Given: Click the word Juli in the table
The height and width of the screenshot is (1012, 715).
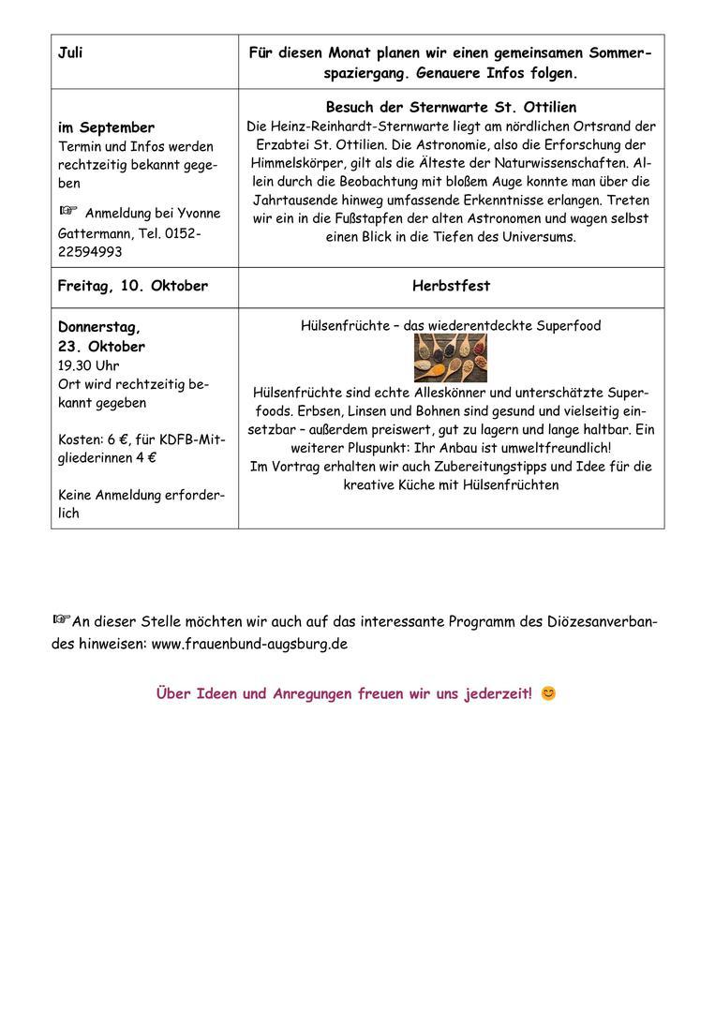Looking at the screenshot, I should point(70,53).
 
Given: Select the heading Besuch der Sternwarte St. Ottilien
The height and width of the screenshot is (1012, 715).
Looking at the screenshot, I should point(451,108).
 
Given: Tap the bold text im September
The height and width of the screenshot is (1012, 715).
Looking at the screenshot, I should point(106,127).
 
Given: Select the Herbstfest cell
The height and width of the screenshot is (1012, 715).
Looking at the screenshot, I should point(451,286).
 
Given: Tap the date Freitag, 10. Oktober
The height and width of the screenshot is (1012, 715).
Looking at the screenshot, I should point(132,286).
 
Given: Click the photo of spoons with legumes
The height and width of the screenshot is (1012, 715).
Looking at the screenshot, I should point(451,357).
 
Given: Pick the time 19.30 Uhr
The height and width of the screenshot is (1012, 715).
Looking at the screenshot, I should point(88,365).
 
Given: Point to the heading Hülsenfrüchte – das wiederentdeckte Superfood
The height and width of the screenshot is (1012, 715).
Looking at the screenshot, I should point(451,326).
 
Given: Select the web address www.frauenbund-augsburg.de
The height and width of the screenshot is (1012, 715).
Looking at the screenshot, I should point(249,644).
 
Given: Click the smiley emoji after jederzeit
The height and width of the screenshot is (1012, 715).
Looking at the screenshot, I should point(548,694).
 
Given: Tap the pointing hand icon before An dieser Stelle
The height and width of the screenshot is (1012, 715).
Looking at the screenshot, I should point(62,618).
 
